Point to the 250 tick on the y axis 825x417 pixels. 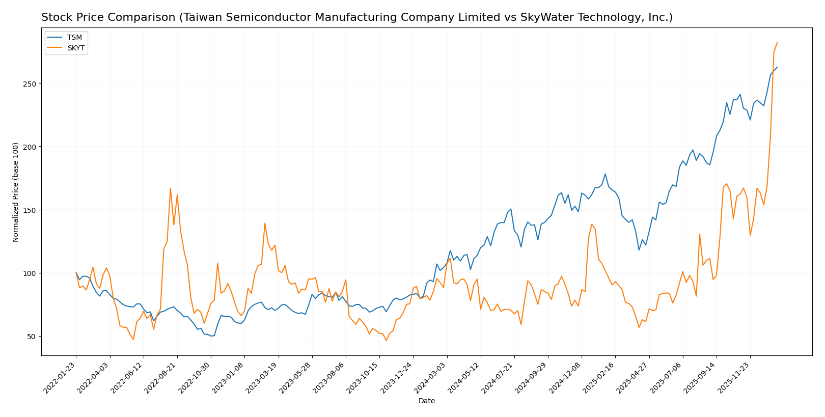click(31, 84)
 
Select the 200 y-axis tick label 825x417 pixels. click(31, 147)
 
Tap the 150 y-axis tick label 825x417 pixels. click(31, 210)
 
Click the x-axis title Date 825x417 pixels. click(427, 401)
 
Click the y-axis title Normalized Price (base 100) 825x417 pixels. click(16, 192)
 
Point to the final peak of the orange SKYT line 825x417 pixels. click(777, 42)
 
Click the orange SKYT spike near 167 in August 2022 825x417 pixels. click(171, 188)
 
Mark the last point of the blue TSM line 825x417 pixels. click(777, 67)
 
